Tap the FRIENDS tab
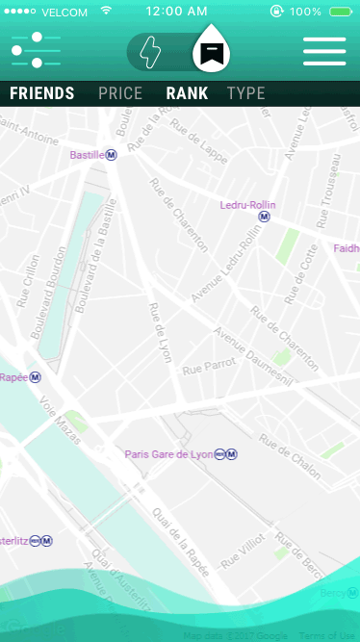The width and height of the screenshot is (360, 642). pos(41,93)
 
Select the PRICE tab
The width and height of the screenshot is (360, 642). pos(120,93)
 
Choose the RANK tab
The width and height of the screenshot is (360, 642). pos(187,93)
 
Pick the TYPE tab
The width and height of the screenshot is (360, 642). pos(246,93)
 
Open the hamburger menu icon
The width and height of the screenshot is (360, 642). pos(323,51)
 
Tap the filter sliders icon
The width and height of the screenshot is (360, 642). pos(36,50)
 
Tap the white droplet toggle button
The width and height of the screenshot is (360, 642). pos(210,50)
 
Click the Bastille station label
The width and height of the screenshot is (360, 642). pos(87,155)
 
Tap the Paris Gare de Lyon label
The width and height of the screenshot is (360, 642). pos(168,454)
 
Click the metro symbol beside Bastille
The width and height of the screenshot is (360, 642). pos(112,155)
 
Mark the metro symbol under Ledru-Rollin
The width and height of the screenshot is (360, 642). pos(264,218)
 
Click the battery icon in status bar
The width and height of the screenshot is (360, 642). pos(339,12)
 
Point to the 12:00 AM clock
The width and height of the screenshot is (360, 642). pos(176,12)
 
